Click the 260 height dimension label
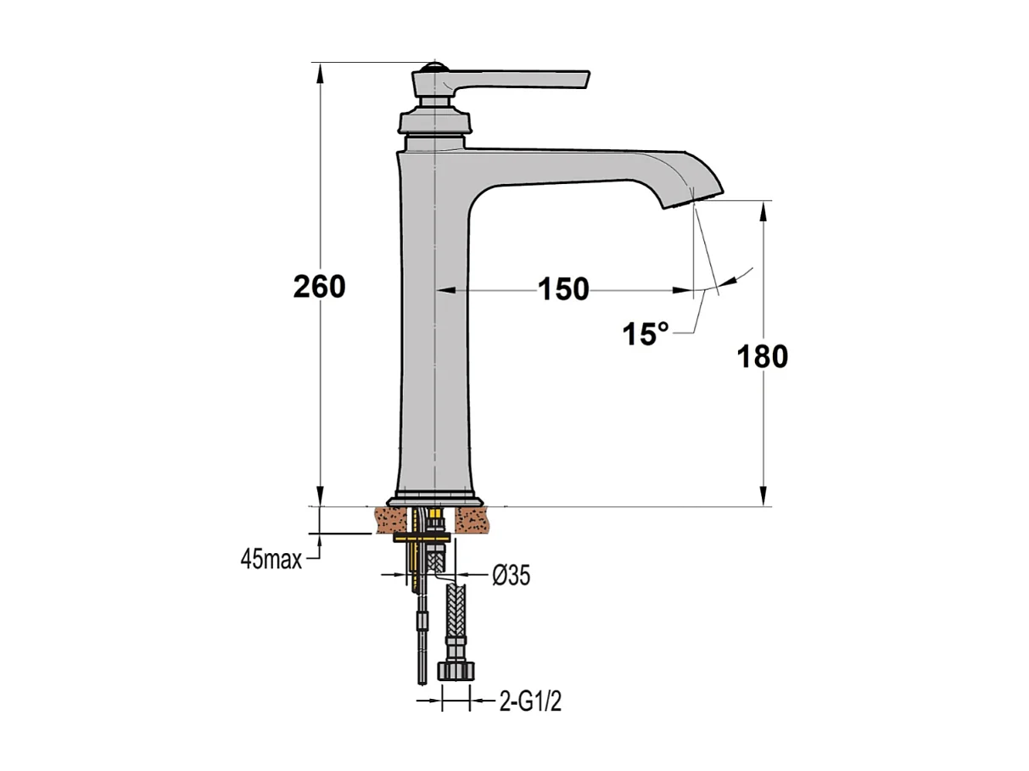coord(319,287)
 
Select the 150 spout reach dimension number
coord(563,290)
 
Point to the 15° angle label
coord(645,334)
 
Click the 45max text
coord(271,560)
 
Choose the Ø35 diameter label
coord(511,576)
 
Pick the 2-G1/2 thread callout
coord(529,702)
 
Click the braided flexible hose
coord(456,619)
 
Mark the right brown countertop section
coord(473,520)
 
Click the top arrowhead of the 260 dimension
coord(320,71)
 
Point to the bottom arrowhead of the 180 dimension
coord(764,497)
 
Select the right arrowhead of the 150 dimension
coord(683,290)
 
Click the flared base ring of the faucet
coord(435,500)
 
